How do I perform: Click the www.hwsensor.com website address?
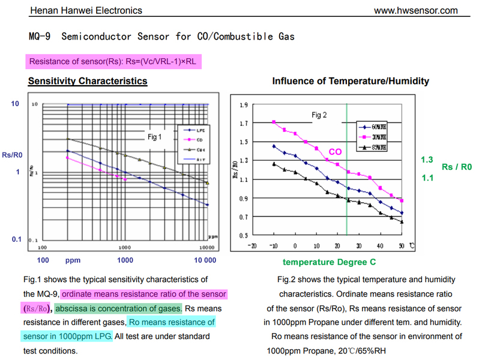coord(415,10)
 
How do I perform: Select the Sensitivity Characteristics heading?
coord(88,81)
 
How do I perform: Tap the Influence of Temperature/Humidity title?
coord(351,81)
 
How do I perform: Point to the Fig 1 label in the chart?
coord(155,137)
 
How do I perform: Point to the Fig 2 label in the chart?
coord(319,115)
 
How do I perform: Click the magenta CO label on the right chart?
coord(335,152)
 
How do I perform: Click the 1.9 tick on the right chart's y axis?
coord(243,104)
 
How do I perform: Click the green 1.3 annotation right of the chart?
coord(427,160)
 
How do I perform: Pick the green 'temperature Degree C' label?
coord(329,262)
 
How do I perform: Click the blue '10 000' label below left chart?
coord(205,260)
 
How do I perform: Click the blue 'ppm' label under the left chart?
coord(73,260)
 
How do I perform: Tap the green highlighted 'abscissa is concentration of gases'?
coord(119,308)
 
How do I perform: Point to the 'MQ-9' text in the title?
coord(40,37)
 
